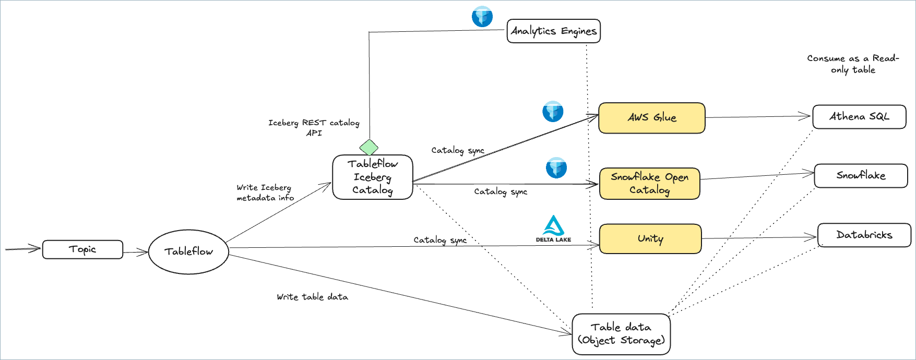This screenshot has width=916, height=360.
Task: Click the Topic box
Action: [x=82, y=249]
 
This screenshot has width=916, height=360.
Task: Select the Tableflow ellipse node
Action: [x=188, y=251]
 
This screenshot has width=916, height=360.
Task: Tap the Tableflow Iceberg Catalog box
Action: [x=373, y=177]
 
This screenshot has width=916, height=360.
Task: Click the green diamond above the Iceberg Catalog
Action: [x=369, y=148]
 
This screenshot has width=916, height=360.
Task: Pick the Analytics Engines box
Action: [x=553, y=31]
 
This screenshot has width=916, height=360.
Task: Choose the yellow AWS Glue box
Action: [x=651, y=118]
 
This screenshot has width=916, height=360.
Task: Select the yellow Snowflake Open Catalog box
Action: [x=649, y=184]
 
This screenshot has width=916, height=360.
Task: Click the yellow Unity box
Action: [x=650, y=239]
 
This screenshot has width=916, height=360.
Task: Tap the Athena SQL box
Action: [x=859, y=117]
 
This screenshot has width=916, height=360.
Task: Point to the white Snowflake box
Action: [x=861, y=176]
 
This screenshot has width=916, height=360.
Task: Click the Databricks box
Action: [x=864, y=235]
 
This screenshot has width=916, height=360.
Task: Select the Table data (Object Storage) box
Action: [x=621, y=334]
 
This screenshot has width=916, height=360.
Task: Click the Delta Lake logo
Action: [x=553, y=229]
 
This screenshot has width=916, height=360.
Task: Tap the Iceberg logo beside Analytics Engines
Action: [x=482, y=16]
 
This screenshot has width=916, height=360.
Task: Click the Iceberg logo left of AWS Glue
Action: [x=553, y=112]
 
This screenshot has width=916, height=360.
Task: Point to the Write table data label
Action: [x=312, y=297]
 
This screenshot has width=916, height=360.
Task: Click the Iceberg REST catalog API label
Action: [x=314, y=128]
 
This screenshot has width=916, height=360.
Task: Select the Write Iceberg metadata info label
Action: [x=265, y=193]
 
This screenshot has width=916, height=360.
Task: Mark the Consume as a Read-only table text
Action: [x=853, y=64]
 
